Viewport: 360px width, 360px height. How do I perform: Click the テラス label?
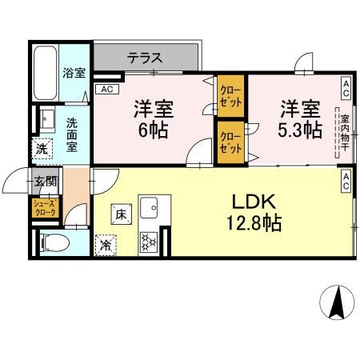pos(145,58)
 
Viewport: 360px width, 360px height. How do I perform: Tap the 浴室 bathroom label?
pos(74,73)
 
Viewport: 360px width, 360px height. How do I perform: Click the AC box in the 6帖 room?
pos(106,90)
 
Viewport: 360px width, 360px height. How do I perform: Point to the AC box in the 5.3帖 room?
pos(346,84)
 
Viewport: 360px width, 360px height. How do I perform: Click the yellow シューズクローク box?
pos(43,209)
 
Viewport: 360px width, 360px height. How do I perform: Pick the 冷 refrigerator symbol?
pos(106,246)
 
